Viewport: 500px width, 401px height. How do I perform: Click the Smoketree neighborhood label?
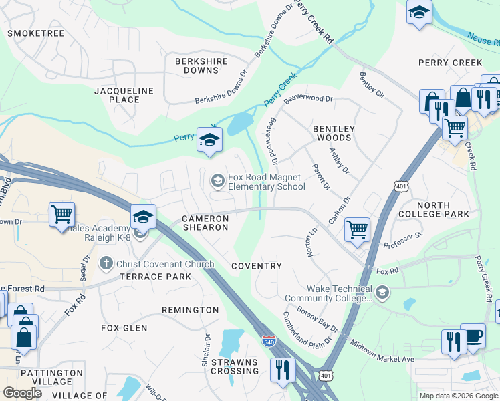pos(35,31)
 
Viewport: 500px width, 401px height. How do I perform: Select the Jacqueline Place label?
pos(124,95)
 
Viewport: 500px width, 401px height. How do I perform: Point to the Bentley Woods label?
pos(332,133)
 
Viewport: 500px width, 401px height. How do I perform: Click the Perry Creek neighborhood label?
pos(450,63)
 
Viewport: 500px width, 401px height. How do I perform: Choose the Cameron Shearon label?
pos(206,223)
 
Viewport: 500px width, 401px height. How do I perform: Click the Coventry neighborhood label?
pos(257,266)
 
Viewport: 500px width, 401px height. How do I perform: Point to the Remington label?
pos(190,310)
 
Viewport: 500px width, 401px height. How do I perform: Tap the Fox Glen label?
pos(124,328)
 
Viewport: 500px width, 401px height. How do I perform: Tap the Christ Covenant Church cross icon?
pos(106,263)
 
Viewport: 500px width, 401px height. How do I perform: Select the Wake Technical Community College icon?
pos(382,291)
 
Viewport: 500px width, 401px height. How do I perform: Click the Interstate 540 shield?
pos(269,341)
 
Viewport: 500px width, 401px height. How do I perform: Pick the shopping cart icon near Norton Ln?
pos(357,229)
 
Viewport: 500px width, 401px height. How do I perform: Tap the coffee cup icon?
pos(473,336)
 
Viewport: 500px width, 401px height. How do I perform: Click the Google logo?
pos(23,393)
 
